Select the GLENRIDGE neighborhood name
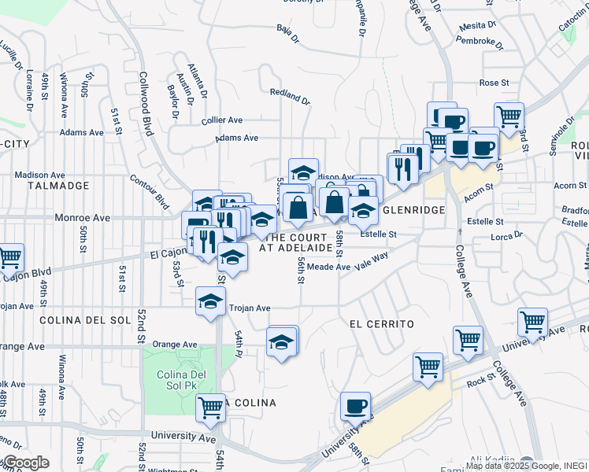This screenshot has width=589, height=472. tap(414, 210)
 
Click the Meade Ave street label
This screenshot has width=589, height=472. tap(328, 267)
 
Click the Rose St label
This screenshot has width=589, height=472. tap(495, 83)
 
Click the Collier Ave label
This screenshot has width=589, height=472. tap(221, 120)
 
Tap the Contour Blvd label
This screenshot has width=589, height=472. tap(150, 191)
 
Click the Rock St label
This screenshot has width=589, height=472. tap(478, 382)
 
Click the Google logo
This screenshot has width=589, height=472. tap(25, 463)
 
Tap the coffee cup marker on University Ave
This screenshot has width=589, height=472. tap(355, 406)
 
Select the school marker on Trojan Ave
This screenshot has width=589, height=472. tap(210, 301)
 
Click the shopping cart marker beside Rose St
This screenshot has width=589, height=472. tap(510, 116)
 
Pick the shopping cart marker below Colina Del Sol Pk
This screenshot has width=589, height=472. tap(211, 407)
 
